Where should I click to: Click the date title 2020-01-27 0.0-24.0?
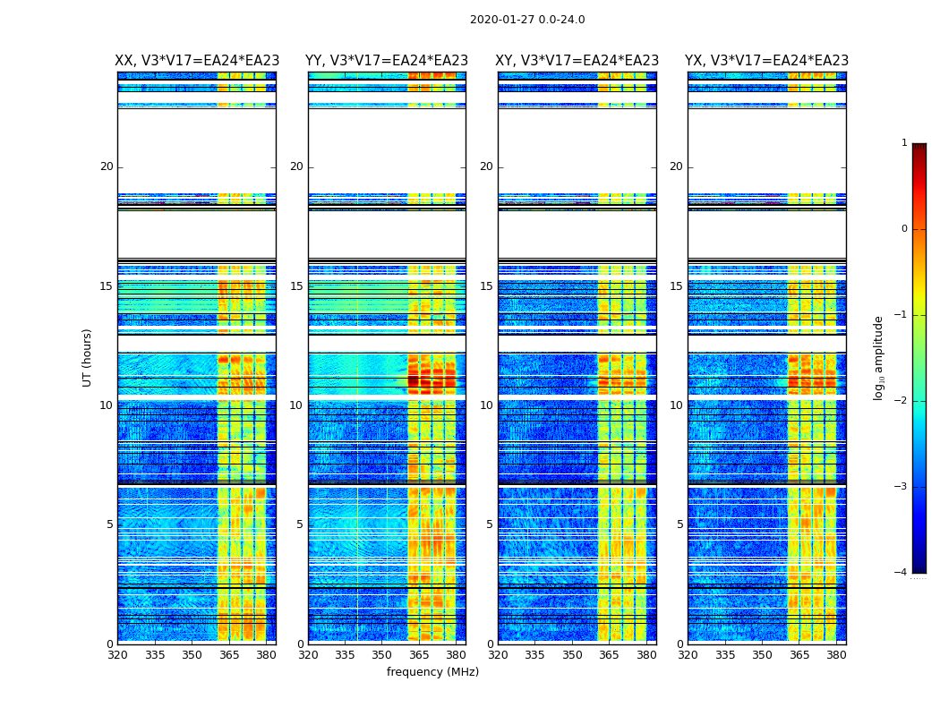click(527, 20)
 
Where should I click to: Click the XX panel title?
click(197, 61)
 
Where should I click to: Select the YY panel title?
click(387, 61)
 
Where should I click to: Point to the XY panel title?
click(577, 61)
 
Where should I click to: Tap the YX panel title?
click(766, 61)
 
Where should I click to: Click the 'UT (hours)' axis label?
click(88, 357)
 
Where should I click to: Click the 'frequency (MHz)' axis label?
click(432, 672)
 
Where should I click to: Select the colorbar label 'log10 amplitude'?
click(879, 357)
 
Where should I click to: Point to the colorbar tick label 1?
click(904, 143)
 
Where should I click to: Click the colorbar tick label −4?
click(902, 573)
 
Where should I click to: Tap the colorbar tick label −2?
click(902, 401)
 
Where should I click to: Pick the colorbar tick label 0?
click(904, 229)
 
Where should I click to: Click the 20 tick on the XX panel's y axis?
click(107, 166)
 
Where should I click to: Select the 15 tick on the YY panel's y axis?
click(296, 286)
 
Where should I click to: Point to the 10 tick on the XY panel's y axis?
click(486, 405)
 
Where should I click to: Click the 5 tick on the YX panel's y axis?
click(679, 524)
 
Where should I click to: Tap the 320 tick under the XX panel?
click(118, 655)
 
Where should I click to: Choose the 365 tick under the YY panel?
click(419, 655)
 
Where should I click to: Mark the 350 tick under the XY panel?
click(572, 655)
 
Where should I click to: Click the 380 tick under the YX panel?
click(836, 655)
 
